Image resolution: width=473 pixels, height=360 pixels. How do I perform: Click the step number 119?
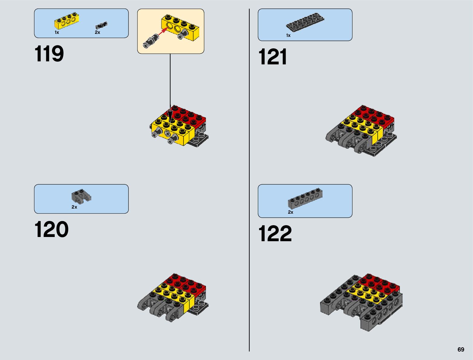(x=49, y=54)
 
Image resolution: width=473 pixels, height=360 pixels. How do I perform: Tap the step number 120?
(x=51, y=230)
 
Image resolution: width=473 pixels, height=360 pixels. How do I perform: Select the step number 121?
(x=273, y=57)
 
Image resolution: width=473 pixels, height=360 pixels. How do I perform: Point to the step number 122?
(x=275, y=234)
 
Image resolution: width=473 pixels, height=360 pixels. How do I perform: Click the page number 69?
(x=461, y=350)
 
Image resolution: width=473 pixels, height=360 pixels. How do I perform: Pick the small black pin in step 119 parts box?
(x=101, y=25)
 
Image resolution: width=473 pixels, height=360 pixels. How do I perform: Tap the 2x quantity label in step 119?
(x=97, y=32)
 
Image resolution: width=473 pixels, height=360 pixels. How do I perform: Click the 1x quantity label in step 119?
(x=57, y=32)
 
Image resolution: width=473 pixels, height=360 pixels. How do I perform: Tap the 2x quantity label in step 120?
(x=74, y=207)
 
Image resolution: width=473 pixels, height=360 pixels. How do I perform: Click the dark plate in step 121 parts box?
(x=305, y=22)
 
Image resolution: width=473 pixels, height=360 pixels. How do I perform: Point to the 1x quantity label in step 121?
(x=288, y=36)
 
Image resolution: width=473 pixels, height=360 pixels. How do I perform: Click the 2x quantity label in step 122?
(x=290, y=212)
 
